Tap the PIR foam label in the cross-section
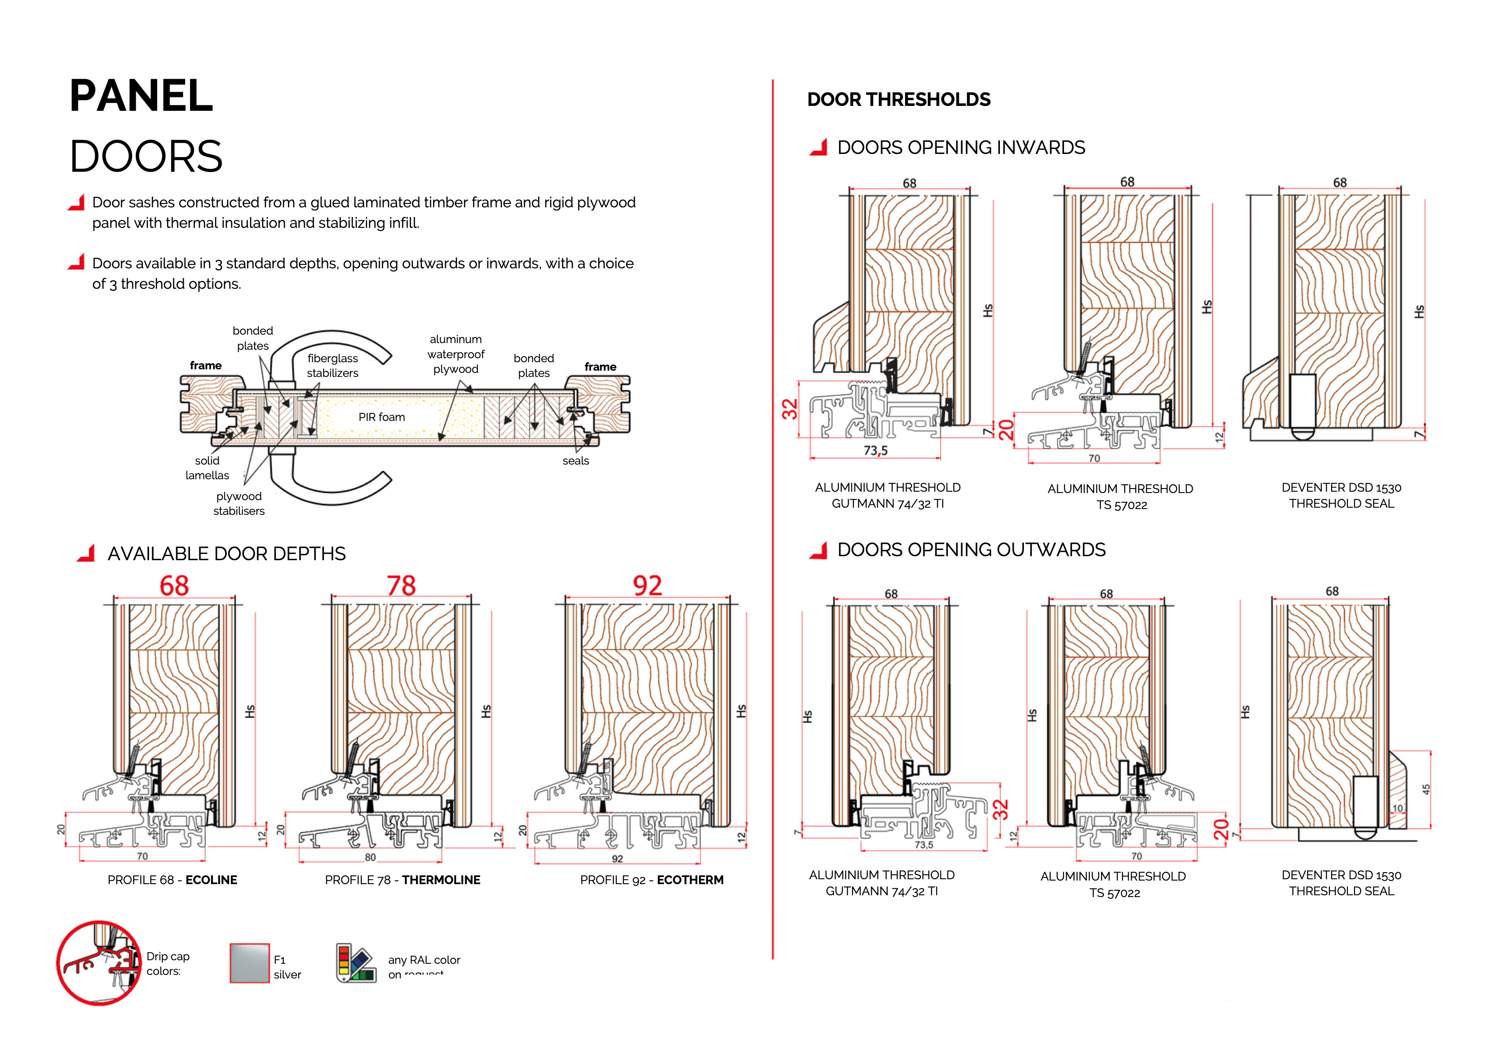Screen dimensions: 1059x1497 (381, 417)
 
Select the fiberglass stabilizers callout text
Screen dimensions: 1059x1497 (332, 366)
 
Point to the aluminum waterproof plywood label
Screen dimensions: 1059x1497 (456, 354)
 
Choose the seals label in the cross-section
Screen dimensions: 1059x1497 (576, 461)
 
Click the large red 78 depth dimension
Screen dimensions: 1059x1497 (401, 586)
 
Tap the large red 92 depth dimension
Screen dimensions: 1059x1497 (647, 586)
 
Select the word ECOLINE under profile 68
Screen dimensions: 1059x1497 (211, 880)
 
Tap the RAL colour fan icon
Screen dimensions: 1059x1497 (356, 963)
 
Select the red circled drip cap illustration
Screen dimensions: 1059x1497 (99, 963)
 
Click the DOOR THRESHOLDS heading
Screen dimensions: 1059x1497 (898, 100)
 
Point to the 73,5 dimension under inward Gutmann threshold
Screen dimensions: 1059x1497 (876, 451)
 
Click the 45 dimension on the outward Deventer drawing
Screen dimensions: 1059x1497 (1426, 789)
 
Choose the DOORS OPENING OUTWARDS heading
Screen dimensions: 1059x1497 (971, 550)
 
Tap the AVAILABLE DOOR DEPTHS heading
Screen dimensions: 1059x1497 (226, 554)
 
